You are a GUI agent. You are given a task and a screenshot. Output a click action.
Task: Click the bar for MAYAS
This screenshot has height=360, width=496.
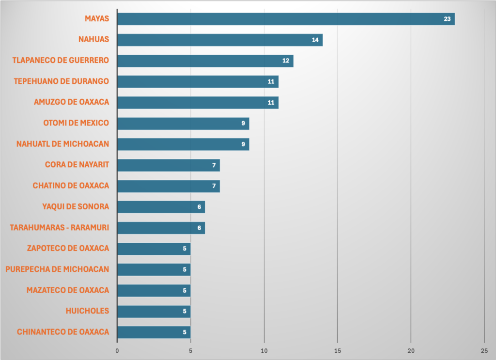tap(286, 19)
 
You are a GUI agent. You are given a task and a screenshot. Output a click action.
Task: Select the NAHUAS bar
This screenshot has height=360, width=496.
tap(219, 40)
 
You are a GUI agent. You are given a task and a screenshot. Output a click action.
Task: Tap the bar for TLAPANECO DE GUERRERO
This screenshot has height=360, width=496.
tap(205, 61)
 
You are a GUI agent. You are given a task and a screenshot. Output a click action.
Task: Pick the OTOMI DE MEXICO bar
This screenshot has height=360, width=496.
tap(183, 123)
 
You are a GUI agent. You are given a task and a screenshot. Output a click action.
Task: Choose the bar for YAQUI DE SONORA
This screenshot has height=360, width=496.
tap(161, 207)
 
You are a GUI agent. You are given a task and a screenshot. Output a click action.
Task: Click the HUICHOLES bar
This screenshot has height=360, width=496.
tap(154, 311)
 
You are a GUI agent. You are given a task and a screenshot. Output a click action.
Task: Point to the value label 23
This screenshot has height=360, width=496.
tap(448, 19)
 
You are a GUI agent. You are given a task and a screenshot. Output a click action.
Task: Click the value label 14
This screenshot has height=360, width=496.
tap(315, 40)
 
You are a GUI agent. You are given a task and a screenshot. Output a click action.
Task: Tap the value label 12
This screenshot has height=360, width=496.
tap(286, 61)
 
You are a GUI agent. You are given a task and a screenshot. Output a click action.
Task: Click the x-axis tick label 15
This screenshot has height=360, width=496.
tap(338, 350)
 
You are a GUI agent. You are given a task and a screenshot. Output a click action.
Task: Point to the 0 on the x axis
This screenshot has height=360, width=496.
tap(117, 350)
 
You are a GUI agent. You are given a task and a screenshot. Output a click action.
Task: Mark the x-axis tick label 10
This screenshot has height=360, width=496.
tap(264, 350)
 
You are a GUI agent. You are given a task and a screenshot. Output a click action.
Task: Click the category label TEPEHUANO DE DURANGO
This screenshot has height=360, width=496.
tap(62, 81)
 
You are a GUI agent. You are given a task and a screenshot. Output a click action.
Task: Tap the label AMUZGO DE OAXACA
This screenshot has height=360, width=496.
tap(72, 102)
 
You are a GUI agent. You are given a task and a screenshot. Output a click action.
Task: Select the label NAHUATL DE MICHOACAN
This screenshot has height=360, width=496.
tap(63, 144)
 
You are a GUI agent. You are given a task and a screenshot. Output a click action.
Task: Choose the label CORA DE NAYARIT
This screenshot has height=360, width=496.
tap(77, 165)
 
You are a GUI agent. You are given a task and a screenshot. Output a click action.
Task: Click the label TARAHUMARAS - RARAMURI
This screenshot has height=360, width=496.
tap(60, 228)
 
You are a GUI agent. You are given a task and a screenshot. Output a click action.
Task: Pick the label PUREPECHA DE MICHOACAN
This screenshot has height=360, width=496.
tap(57, 269)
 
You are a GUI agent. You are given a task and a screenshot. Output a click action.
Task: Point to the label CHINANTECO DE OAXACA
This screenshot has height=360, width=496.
tap(63, 332)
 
